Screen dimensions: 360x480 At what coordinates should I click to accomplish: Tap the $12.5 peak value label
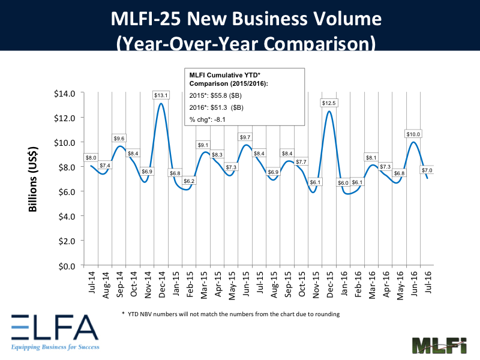(x=329, y=103)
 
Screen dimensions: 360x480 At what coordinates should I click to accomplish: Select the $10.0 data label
(x=412, y=134)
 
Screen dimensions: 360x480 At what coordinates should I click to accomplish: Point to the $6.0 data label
(x=343, y=183)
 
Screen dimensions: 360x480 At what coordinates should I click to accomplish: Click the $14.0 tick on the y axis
(x=64, y=94)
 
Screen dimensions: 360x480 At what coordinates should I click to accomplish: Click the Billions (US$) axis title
(x=34, y=178)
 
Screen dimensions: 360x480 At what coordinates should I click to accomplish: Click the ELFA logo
(x=53, y=329)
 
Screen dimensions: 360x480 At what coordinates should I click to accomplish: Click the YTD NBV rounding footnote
(x=231, y=314)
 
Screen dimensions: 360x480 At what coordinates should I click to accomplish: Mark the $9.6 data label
(x=119, y=138)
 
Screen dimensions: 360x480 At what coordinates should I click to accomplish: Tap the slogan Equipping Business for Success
(x=54, y=347)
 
